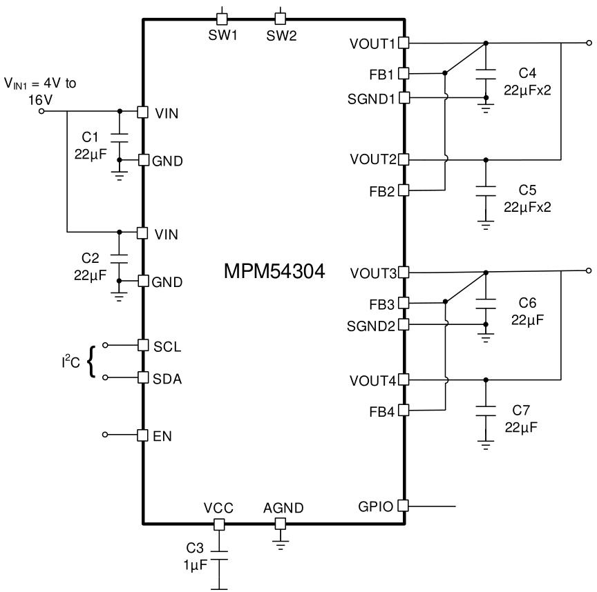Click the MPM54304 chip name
[274, 271]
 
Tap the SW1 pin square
[222, 19]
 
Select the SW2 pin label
[281, 36]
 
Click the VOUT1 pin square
[404, 43]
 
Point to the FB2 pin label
[382, 191]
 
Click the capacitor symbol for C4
[486, 74]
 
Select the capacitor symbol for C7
[486, 411]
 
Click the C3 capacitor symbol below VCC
[219, 555]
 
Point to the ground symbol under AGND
[281, 545]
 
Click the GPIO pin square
[404, 506]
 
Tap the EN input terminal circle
[105, 435]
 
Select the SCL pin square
[143, 345]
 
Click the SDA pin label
[167, 379]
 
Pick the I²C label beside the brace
[70, 362]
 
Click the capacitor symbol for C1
[119, 137]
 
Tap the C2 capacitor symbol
[119, 259]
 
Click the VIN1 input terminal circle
[42, 111]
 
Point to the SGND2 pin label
[371, 326]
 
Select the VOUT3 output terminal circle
[589, 270]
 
